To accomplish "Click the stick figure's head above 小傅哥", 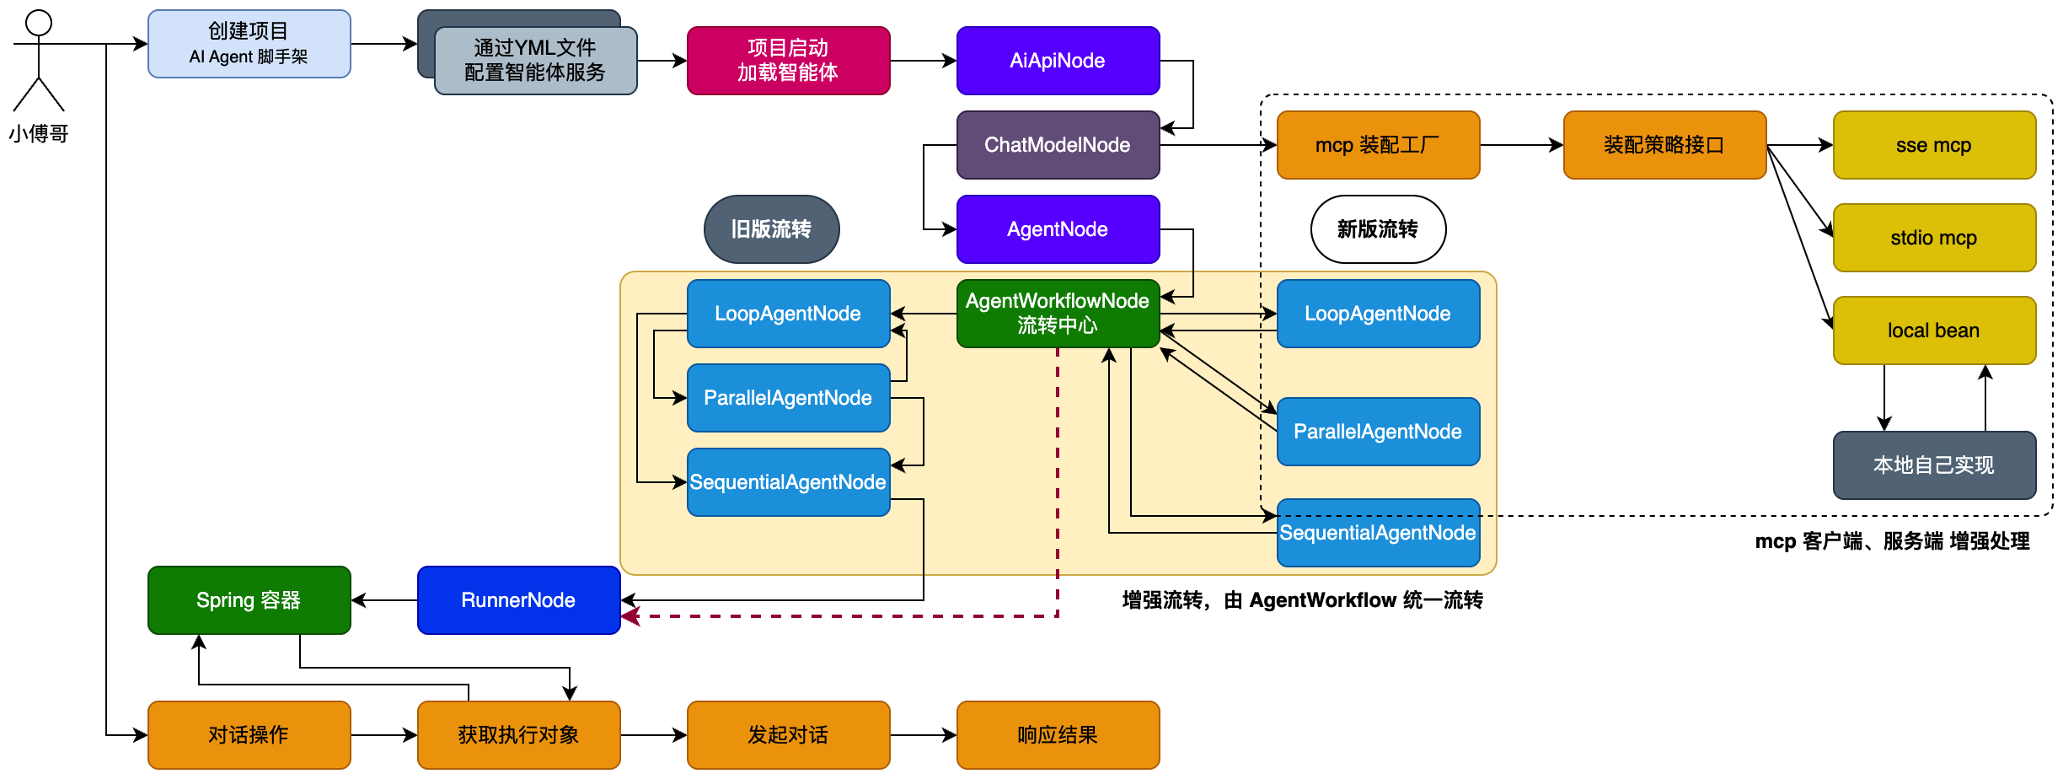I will [39, 23].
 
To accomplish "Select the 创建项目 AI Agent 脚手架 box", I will [249, 44].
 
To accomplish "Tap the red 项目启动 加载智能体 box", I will [788, 61].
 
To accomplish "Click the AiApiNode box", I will [1058, 61].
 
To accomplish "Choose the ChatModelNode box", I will [1058, 145].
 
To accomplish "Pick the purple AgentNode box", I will [1058, 229].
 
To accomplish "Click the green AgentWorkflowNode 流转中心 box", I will [1058, 313].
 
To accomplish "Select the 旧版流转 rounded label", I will [771, 229].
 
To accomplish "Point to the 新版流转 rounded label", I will [1378, 229].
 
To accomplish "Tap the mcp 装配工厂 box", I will [1378, 145].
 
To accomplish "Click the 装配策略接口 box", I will [1664, 145].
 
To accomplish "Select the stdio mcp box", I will [1934, 238].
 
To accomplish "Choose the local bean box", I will [1934, 330].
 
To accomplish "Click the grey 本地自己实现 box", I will [1934, 465].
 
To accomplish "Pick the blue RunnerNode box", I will [518, 600].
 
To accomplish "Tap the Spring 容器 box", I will [249, 600].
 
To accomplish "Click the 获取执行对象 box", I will [518, 735].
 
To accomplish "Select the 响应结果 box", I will [1058, 735].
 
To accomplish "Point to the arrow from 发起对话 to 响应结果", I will [923, 735].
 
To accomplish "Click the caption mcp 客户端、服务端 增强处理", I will [1892, 541].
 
